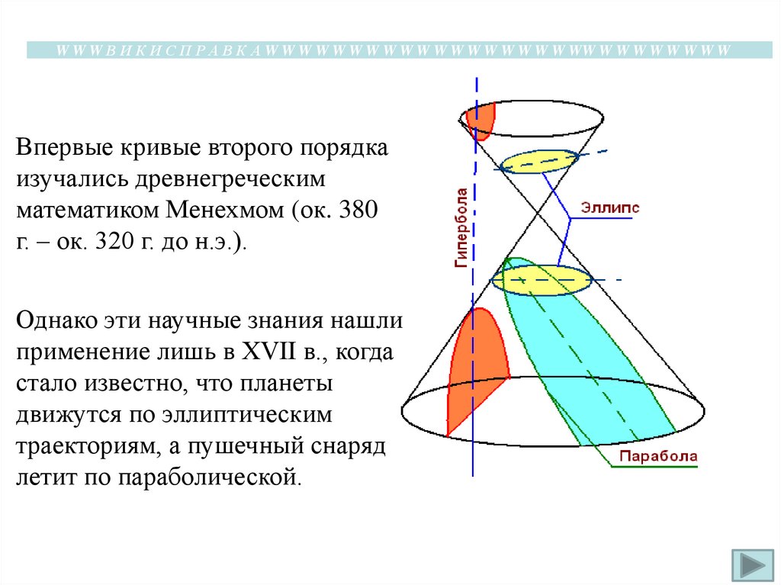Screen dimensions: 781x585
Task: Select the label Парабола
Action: [657, 456]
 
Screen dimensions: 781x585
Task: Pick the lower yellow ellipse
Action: [542, 280]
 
